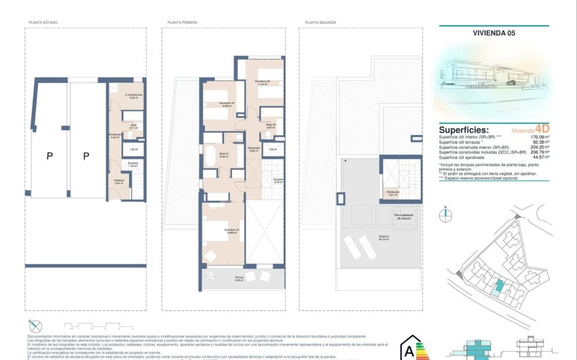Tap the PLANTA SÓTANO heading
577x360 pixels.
pos(43,22)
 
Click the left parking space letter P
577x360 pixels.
pos(50,156)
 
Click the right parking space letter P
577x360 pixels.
pos(86,156)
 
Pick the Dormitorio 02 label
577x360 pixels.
pos(263,83)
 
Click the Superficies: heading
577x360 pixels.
pos(463,130)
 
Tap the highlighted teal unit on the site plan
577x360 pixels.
pos(500,287)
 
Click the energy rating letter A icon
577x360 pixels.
pos(409,351)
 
